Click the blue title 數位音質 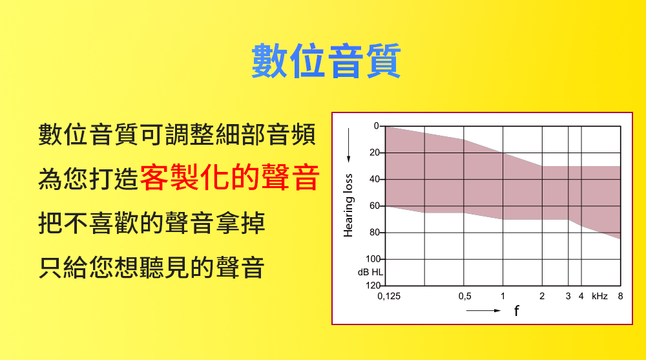point(326,61)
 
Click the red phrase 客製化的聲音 point(229,178)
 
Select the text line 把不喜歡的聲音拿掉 point(152,223)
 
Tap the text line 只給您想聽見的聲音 point(152,267)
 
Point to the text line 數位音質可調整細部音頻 point(177,134)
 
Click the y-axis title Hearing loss point(348,206)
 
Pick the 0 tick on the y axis point(376,126)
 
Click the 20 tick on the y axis point(375,153)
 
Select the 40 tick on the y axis point(375,179)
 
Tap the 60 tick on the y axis point(375,206)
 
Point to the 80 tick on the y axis point(375,232)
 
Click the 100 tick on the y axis point(373,259)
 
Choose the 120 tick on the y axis point(373,286)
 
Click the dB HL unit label point(370,272)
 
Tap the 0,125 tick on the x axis point(389,296)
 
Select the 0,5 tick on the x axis point(464,296)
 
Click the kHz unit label point(599,296)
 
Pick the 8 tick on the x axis point(620,296)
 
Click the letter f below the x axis point(517,310)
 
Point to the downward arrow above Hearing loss point(349,145)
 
